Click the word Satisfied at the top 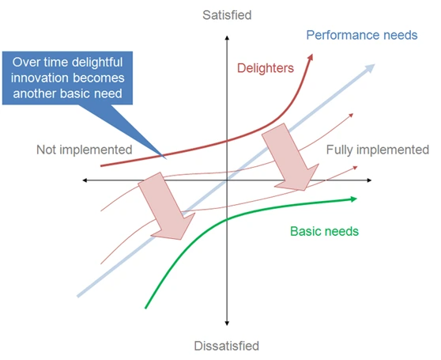227,15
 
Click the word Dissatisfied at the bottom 227,346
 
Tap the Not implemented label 85,150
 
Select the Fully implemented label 378,150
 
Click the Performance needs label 362,35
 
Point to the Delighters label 266,68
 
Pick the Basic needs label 325,231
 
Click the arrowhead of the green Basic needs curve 353,199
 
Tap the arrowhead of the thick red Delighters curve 311,57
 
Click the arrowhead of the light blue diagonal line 371,68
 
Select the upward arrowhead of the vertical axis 227,38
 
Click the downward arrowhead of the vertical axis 227,324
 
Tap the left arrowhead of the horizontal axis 85,180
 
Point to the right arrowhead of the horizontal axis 369,180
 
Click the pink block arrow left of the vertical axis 166,207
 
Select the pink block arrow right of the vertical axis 291,157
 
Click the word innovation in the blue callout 41,78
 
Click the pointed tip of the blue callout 167,159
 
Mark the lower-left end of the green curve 145,309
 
